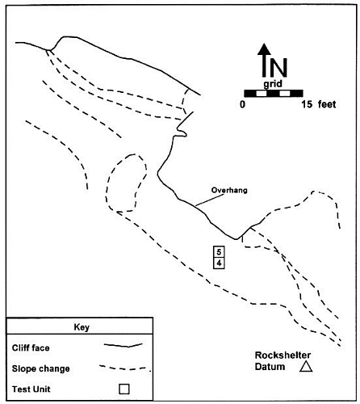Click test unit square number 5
[x=219, y=252]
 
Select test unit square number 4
[x=219, y=263]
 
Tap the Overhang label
[x=229, y=191]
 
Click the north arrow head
[x=265, y=49]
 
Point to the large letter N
[x=279, y=68]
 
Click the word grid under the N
[x=273, y=84]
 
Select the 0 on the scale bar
[x=242, y=104]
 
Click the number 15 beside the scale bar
[x=307, y=104]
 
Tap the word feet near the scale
[x=327, y=104]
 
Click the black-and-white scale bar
[x=274, y=93]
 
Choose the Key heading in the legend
[x=82, y=327]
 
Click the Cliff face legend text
[x=31, y=348]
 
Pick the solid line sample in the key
[x=123, y=345]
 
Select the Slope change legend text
[x=41, y=368]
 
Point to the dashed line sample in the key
[x=123, y=368]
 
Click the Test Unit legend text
[x=31, y=389]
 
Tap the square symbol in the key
[x=124, y=389]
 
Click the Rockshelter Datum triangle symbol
[x=306, y=367]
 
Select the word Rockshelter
[x=283, y=356]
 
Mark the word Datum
[x=270, y=367]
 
